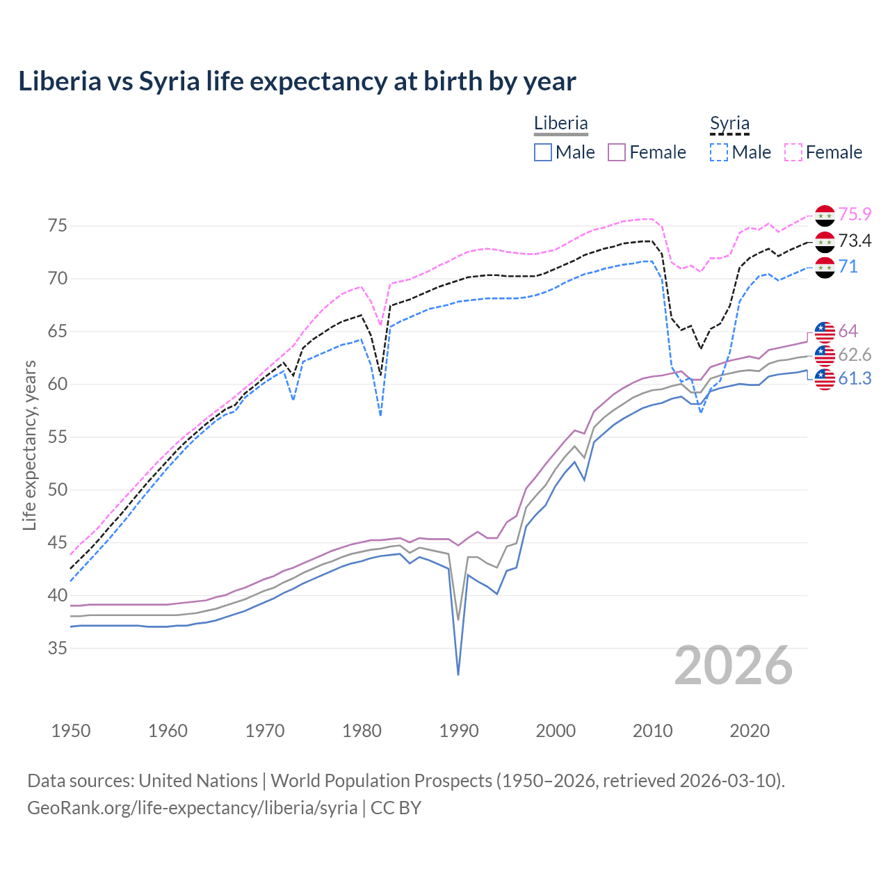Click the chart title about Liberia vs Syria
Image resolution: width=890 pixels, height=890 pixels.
pyautogui.click(x=297, y=81)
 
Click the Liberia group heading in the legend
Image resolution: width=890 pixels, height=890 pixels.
pyautogui.click(x=560, y=123)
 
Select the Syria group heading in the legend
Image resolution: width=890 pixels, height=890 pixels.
pyautogui.click(x=729, y=123)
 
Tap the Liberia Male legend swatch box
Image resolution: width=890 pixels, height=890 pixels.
pyautogui.click(x=543, y=152)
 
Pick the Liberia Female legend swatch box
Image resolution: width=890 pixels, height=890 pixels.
pyautogui.click(x=617, y=152)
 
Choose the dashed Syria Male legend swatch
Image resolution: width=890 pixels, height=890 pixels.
pyautogui.click(x=719, y=152)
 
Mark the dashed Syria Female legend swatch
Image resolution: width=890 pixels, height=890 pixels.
pyautogui.click(x=793, y=152)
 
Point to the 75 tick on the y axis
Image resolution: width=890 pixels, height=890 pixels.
pyautogui.click(x=58, y=225)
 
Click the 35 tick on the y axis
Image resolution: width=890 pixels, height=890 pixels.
pyautogui.click(x=58, y=648)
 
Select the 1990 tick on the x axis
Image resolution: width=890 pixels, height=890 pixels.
pyautogui.click(x=459, y=731)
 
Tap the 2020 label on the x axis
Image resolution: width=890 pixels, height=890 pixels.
pyautogui.click(x=750, y=731)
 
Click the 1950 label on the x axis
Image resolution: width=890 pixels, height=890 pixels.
pyautogui.click(x=71, y=731)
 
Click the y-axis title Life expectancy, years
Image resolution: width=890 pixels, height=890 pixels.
pyautogui.click(x=29, y=445)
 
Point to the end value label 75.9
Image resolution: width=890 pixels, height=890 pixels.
pyautogui.click(x=855, y=215)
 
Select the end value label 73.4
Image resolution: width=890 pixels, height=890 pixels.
pyautogui.click(x=855, y=241)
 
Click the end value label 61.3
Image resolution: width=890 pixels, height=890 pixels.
pyautogui.click(x=855, y=378)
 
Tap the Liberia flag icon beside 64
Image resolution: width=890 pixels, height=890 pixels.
pyautogui.click(x=825, y=332)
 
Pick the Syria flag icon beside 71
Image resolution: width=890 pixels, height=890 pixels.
pyautogui.click(x=825, y=267)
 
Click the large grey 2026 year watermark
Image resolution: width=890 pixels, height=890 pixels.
pyautogui.click(x=734, y=665)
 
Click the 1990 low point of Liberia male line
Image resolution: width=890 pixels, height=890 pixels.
pyautogui.click(x=458, y=674)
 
